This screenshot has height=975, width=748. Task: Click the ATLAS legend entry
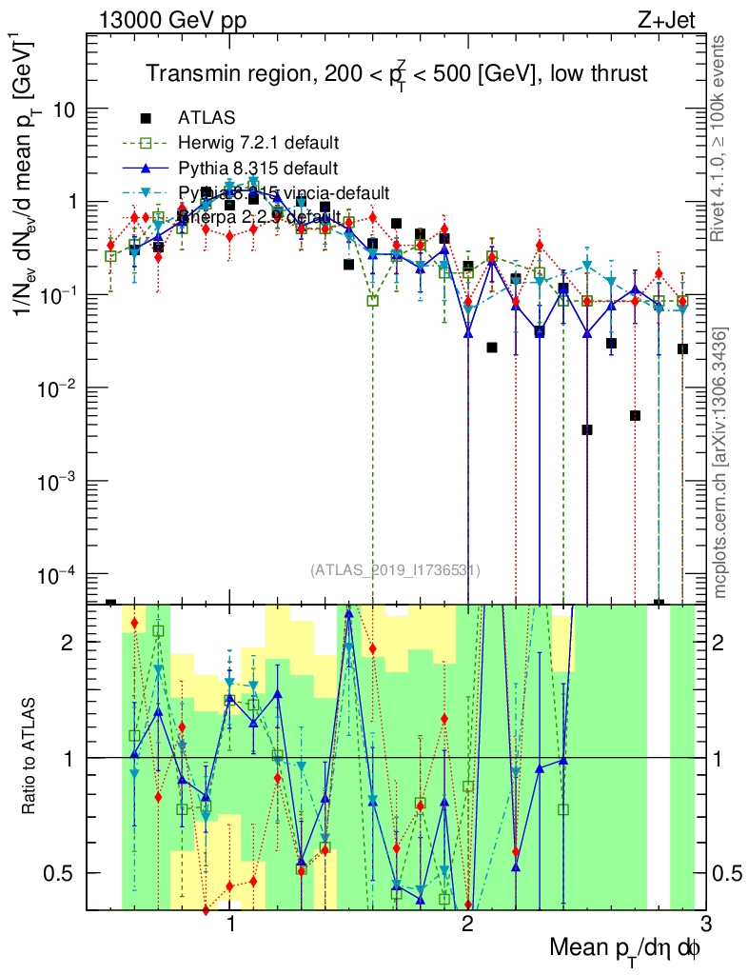click(207, 119)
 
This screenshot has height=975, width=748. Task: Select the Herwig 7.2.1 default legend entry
click(258, 144)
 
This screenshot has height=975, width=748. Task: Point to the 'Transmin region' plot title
click(397, 73)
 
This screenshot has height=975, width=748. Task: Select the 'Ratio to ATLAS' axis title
click(30, 756)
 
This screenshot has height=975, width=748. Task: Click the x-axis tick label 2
click(467, 925)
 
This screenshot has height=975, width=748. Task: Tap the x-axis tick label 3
click(704, 925)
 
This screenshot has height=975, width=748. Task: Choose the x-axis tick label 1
click(231, 925)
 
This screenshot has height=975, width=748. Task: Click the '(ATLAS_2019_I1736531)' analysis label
click(395, 570)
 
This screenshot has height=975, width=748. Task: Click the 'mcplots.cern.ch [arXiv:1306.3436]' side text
click(720, 463)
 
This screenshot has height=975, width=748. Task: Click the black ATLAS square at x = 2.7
click(635, 416)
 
